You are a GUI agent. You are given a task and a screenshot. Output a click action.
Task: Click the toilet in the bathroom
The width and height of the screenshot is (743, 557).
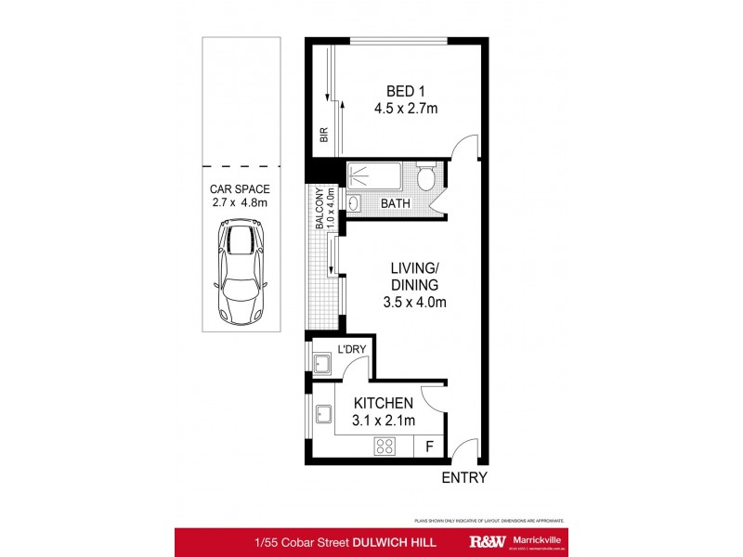pyautogui.click(x=426, y=176)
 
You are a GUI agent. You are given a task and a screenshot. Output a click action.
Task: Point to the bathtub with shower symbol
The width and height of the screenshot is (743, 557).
pyautogui.click(x=377, y=175)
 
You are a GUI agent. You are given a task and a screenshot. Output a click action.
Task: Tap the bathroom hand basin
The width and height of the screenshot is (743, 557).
pyautogui.click(x=354, y=202)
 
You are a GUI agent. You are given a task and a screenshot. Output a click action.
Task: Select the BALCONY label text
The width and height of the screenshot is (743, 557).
pyautogui.click(x=319, y=208)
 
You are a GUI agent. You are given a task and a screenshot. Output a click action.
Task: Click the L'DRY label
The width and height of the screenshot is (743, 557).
pyautogui.click(x=351, y=350)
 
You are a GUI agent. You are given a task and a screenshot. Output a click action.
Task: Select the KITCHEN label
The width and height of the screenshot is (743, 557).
pyautogui.click(x=382, y=403)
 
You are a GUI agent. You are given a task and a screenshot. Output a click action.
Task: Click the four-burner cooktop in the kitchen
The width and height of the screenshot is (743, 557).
pyautogui.click(x=386, y=447)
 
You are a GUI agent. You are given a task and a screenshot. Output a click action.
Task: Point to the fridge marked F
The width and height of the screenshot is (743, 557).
pyautogui.click(x=429, y=447)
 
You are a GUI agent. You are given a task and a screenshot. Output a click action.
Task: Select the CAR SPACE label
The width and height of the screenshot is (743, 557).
pyautogui.click(x=240, y=188)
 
